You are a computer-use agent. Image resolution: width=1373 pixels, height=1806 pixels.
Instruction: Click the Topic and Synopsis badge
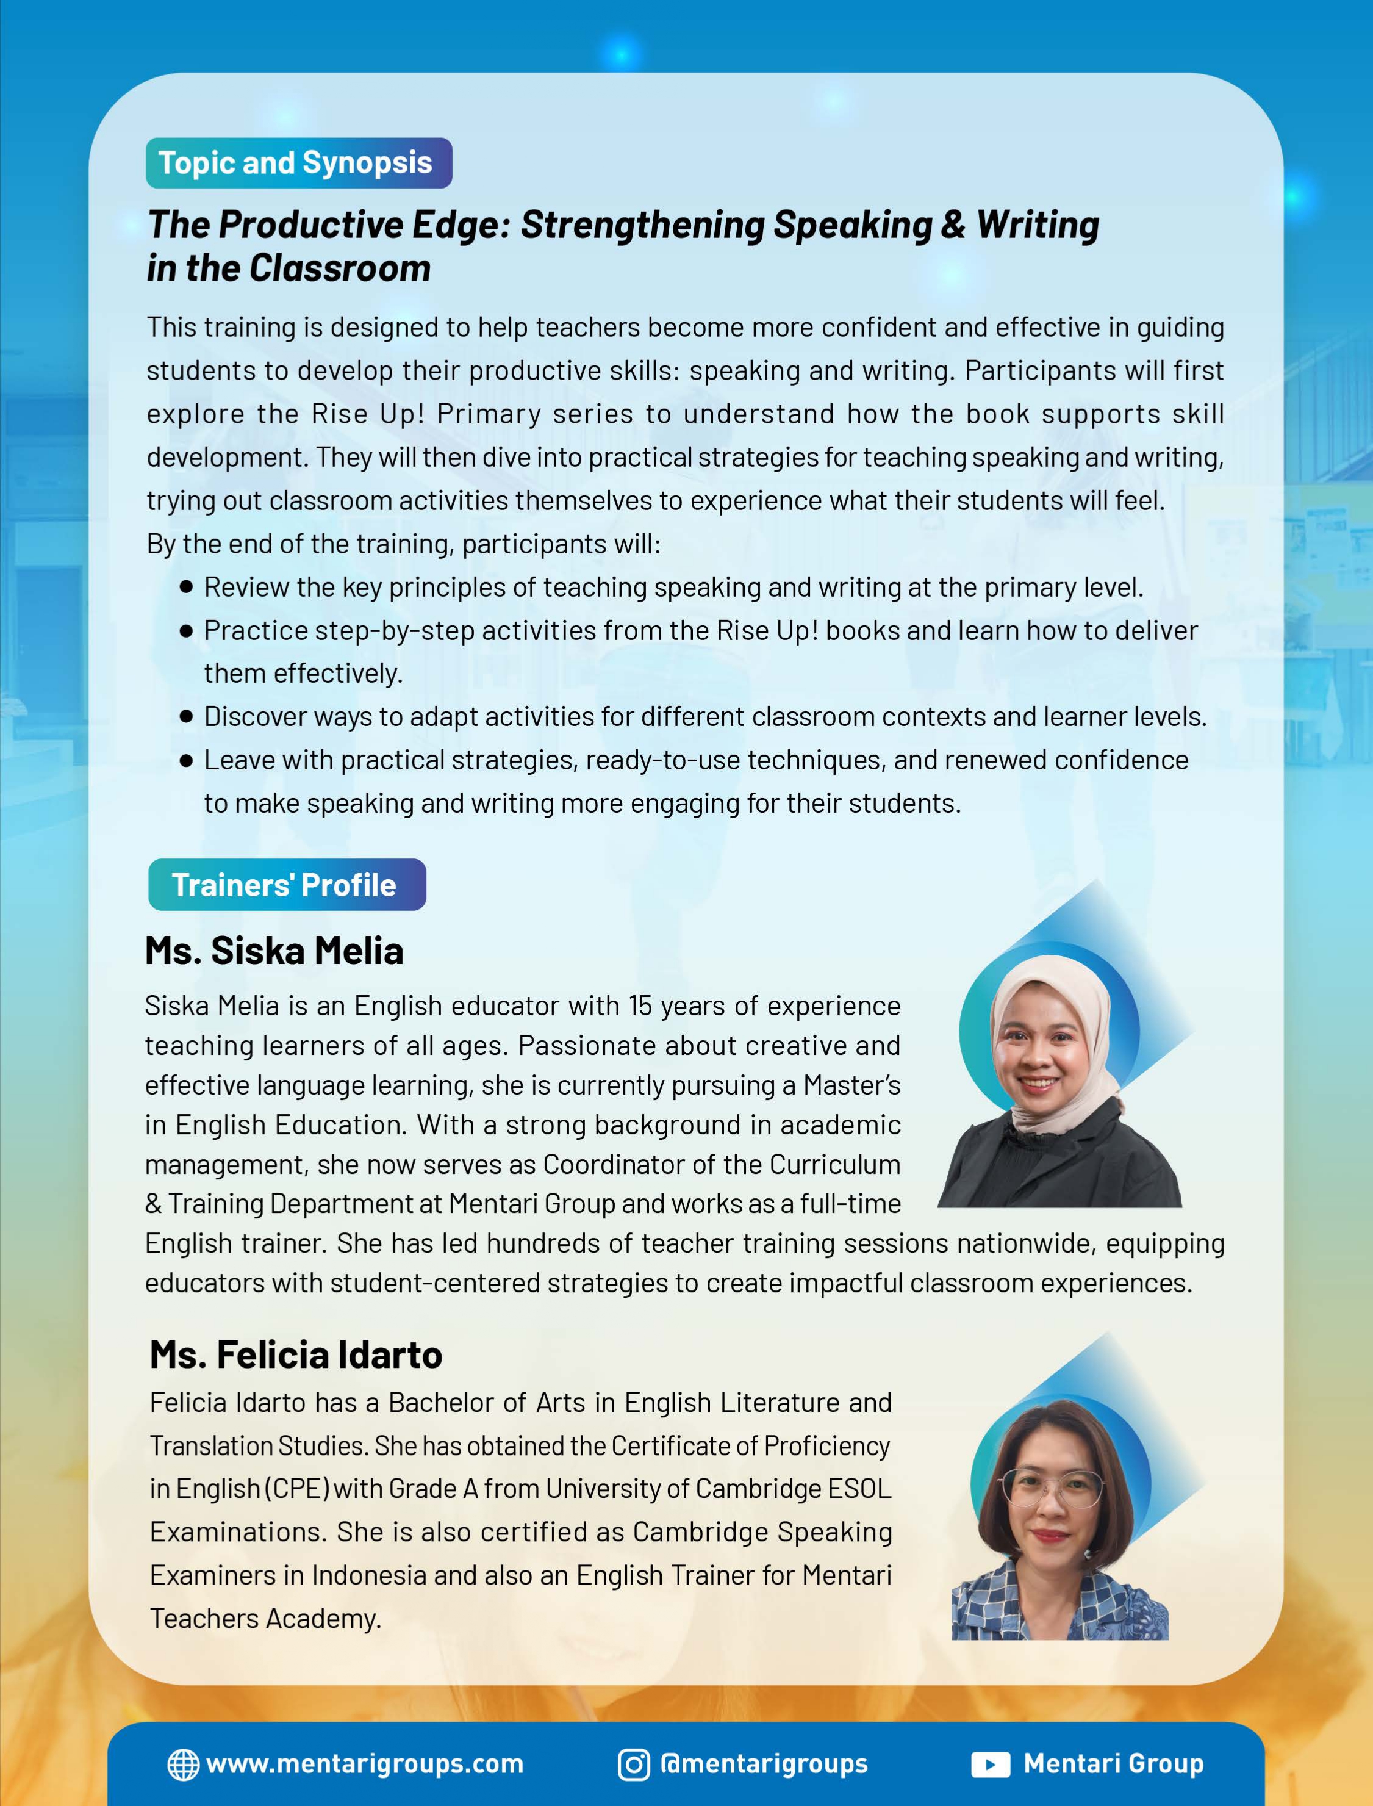(x=298, y=163)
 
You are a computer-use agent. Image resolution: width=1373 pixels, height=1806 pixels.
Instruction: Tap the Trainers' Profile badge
(x=287, y=885)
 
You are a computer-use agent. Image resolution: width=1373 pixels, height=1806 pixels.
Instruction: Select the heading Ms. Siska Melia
(x=274, y=951)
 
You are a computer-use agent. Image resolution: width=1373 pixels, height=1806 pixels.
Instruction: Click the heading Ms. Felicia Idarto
(x=296, y=1354)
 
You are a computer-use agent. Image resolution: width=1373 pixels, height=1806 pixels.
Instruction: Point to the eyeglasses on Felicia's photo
(x=1051, y=1489)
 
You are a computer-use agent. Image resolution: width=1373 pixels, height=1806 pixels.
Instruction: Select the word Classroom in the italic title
(x=340, y=268)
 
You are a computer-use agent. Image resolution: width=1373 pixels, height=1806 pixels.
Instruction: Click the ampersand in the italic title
(x=953, y=225)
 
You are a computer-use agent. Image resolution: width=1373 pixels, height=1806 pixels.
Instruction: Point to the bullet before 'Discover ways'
(x=186, y=717)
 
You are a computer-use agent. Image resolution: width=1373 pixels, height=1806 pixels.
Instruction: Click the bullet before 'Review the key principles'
(x=186, y=587)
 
